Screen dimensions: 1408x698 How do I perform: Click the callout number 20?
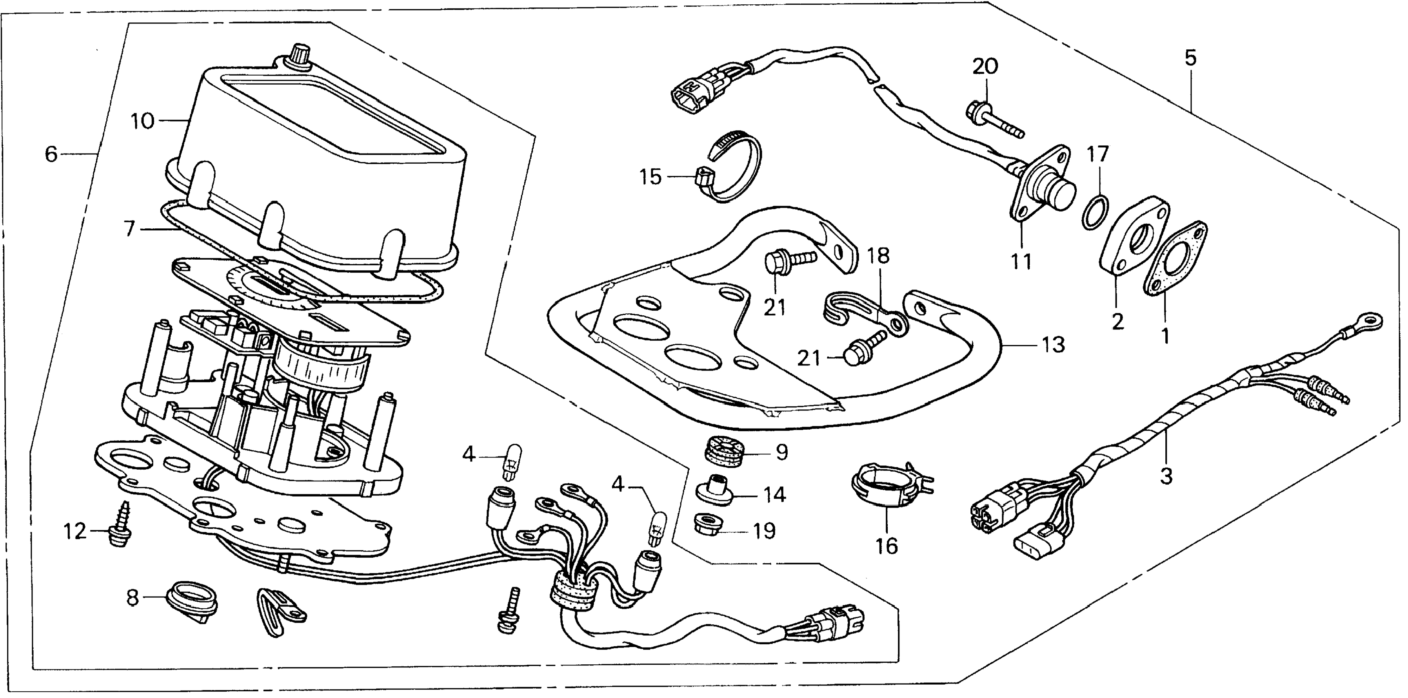(985, 67)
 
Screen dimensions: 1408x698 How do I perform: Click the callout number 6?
(51, 155)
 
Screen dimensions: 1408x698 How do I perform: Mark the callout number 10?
(143, 121)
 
